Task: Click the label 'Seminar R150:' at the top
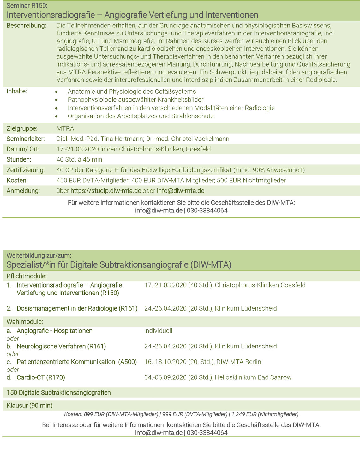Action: (27, 6)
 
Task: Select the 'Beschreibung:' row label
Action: (26, 26)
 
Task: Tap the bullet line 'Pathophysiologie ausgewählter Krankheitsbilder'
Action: (135, 100)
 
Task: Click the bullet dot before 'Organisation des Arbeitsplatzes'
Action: (57, 116)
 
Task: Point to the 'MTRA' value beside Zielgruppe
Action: (65, 128)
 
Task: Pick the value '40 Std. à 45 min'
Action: (79, 160)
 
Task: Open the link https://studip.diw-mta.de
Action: (105, 191)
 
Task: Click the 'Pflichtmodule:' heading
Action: (27, 276)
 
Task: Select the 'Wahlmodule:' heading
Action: (25, 322)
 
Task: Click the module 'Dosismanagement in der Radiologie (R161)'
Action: (77, 309)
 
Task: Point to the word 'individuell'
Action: (158, 331)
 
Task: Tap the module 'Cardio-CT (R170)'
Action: (41, 377)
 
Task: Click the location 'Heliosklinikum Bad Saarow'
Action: (253, 377)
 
